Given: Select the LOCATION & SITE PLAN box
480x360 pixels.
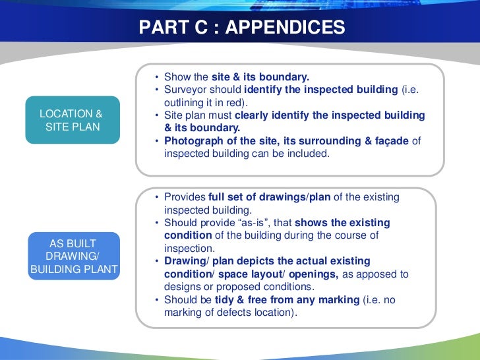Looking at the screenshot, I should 72,120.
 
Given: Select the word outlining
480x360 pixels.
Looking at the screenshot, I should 184,102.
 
